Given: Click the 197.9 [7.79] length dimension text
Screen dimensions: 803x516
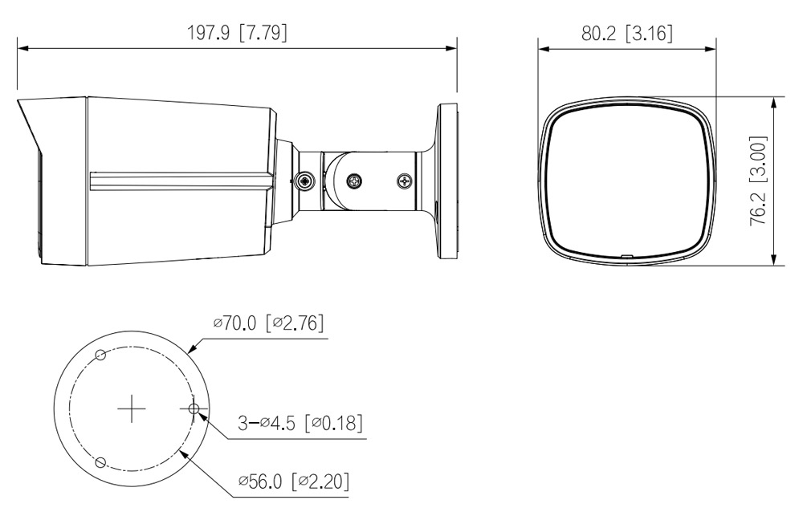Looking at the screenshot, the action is click(237, 33).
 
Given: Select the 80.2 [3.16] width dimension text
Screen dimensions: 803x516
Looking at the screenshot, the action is click(627, 34).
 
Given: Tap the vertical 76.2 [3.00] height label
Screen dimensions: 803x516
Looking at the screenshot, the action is click(758, 181).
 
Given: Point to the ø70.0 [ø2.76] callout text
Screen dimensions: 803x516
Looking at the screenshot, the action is click(269, 323).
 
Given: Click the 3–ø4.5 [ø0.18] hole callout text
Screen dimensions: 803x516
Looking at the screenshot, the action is click(300, 423).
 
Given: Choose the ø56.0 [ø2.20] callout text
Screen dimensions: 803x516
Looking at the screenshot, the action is click(294, 481).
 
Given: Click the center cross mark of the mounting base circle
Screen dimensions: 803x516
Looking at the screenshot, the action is click(132, 408).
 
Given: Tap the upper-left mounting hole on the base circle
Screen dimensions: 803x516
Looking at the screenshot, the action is click(101, 354).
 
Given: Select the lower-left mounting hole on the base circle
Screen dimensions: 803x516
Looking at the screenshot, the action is click(101, 463).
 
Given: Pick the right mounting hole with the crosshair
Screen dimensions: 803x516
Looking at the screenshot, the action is click(194, 408).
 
